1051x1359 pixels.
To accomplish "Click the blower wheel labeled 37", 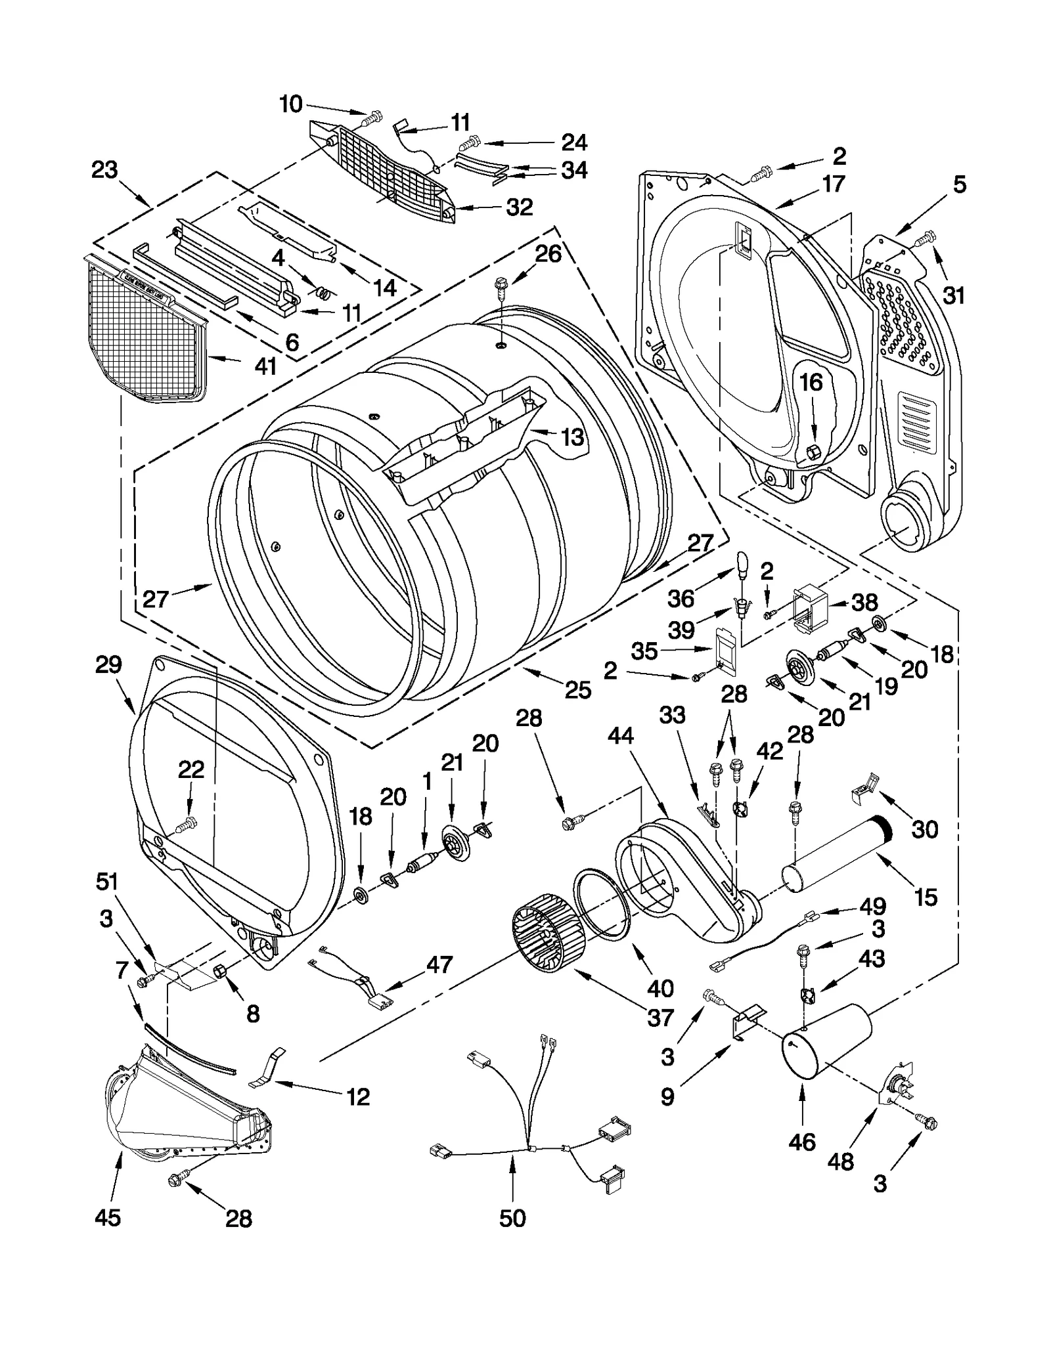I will [x=547, y=936].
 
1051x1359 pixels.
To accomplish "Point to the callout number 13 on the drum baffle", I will [x=572, y=437].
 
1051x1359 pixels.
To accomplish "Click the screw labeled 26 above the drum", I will [x=501, y=287].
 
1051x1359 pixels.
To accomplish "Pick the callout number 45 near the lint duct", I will [x=108, y=1217].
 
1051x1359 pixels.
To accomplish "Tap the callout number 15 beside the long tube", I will [x=926, y=896].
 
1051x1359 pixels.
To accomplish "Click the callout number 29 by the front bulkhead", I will [x=108, y=665].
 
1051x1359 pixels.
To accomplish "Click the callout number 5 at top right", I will [x=959, y=185].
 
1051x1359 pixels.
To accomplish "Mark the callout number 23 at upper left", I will [x=104, y=170].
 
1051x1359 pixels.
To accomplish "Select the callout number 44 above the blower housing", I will [x=620, y=736].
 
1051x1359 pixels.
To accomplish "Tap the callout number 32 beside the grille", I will [x=519, y=207].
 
